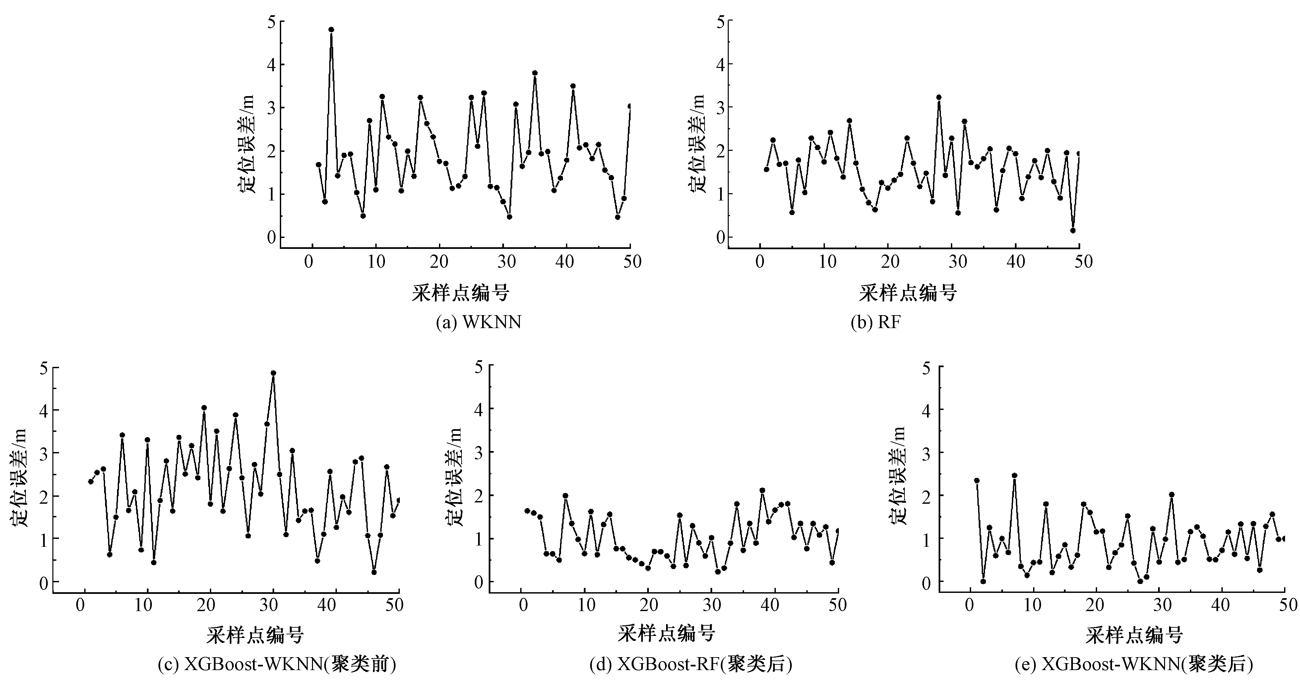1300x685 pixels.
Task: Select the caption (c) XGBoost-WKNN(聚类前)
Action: coord(277,664)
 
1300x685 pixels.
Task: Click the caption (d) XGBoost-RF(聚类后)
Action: coord(691,664)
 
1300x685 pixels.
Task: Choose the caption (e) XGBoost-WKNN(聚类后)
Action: coord(1133,664)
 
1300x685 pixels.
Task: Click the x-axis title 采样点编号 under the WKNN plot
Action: coord(460,293)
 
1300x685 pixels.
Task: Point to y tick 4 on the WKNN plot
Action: coord(272,65)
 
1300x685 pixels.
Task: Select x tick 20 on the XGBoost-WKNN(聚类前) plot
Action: coord(206,605)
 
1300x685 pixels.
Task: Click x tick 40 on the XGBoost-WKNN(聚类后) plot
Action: coord(1220,605)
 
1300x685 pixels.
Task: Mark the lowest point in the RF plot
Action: coord(1073,231)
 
